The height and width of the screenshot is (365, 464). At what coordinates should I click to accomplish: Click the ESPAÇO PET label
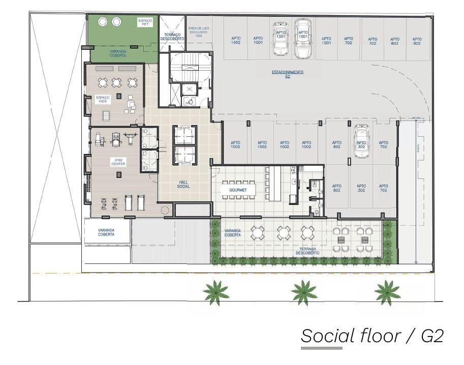pyautogui.click(x=145, y=22)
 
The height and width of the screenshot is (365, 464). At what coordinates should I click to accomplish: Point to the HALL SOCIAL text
pyautogui.click(x=183, y=185)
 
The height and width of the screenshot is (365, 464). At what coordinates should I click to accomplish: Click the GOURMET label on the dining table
pyautogui.click(x=238, y=190)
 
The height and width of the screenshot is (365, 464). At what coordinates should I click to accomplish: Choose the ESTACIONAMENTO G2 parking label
pyautogui.click(x=288, y=74)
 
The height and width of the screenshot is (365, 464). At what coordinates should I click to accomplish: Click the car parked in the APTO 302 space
pyautogui.click(x=361, y=139)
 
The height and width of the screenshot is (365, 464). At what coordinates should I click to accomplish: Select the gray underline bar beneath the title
pyautogui.click(x=321, y=348)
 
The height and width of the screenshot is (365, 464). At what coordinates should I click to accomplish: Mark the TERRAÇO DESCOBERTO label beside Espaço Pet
pyautogui.click(x=171, y=37)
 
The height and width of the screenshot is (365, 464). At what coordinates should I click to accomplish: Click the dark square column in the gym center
pyautogui.click(x=118, y=174)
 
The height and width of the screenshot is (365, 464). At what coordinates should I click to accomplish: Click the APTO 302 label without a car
pyautogui.click(x=361, y=188)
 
